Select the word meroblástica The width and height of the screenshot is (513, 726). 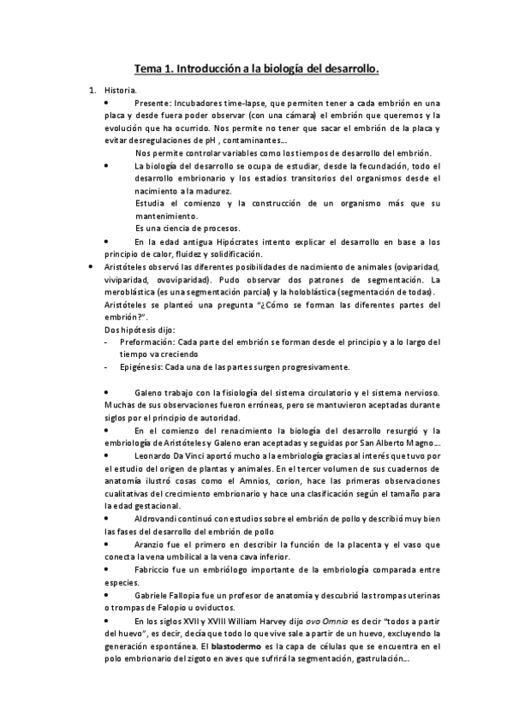point(134,292)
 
